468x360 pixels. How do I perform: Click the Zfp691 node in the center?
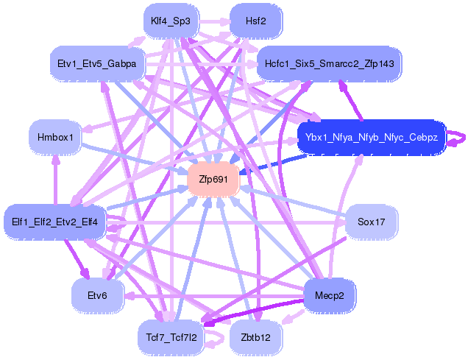(213, 180)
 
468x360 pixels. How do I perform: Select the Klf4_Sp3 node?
(170, 21)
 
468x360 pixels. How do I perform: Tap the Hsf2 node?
(255, 21)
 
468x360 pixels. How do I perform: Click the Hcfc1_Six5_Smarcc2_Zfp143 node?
(329, 64)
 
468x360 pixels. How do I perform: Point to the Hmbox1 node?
(55, 137)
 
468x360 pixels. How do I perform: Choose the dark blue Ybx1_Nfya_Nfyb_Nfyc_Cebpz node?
(371, 138)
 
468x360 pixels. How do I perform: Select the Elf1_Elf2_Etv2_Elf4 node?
(55, 220)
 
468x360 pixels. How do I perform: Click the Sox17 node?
(372, 220)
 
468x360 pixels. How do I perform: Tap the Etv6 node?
(96, 295)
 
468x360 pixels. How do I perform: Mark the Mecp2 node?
(330, 295)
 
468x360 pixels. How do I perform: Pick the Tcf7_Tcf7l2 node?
(170, 337)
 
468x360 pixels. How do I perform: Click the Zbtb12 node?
(255, 337)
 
